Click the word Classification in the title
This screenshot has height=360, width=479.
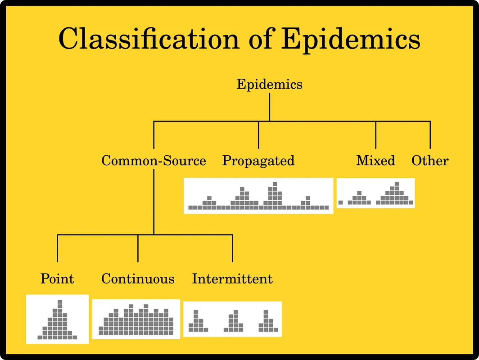149,39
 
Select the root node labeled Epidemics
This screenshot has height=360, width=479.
269,84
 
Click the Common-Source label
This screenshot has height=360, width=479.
154,161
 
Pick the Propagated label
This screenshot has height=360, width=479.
258,161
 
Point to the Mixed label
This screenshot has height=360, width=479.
375,161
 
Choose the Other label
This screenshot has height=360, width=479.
430,161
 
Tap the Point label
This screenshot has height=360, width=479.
58,279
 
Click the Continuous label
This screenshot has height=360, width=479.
138,279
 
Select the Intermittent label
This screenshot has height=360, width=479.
232,279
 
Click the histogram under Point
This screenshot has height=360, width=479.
58,319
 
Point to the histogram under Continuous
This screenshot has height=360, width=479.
136,319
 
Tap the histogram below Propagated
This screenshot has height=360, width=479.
258,196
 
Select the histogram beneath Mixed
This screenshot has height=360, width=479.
376,193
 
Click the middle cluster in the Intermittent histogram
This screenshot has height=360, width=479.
234,321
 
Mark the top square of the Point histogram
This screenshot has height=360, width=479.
60,302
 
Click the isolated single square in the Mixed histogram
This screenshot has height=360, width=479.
341,202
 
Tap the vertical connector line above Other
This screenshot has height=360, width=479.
430,135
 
